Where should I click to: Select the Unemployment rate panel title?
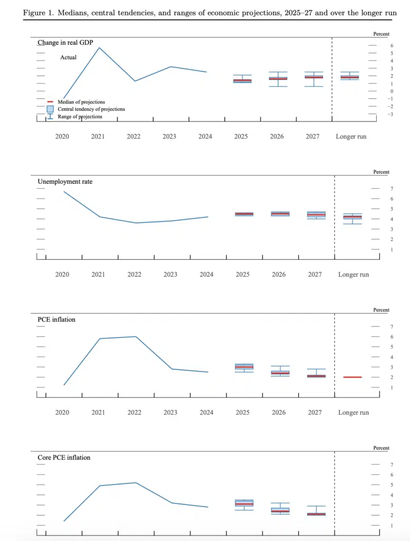click(x=65, y=182)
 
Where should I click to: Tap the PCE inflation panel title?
click(x=57, y=320)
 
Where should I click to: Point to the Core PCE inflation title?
click(x=64, y=458)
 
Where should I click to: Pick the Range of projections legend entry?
click(x=80, y=117)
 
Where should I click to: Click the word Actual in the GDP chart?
click(x=68, y=57)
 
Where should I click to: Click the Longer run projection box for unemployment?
click(x=353, y=217)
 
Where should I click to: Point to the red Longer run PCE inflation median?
click(x=353, y=377)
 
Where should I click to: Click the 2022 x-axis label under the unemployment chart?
click(x=134, y=275)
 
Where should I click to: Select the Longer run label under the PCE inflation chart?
click(x=353, y=413)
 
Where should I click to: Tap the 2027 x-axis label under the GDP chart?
click(x=312, y=136)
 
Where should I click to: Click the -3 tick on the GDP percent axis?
click(x=390, y=114)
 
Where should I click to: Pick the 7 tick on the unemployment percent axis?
click(x=392, y=189)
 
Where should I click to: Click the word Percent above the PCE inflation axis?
click(x=381, y=310)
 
